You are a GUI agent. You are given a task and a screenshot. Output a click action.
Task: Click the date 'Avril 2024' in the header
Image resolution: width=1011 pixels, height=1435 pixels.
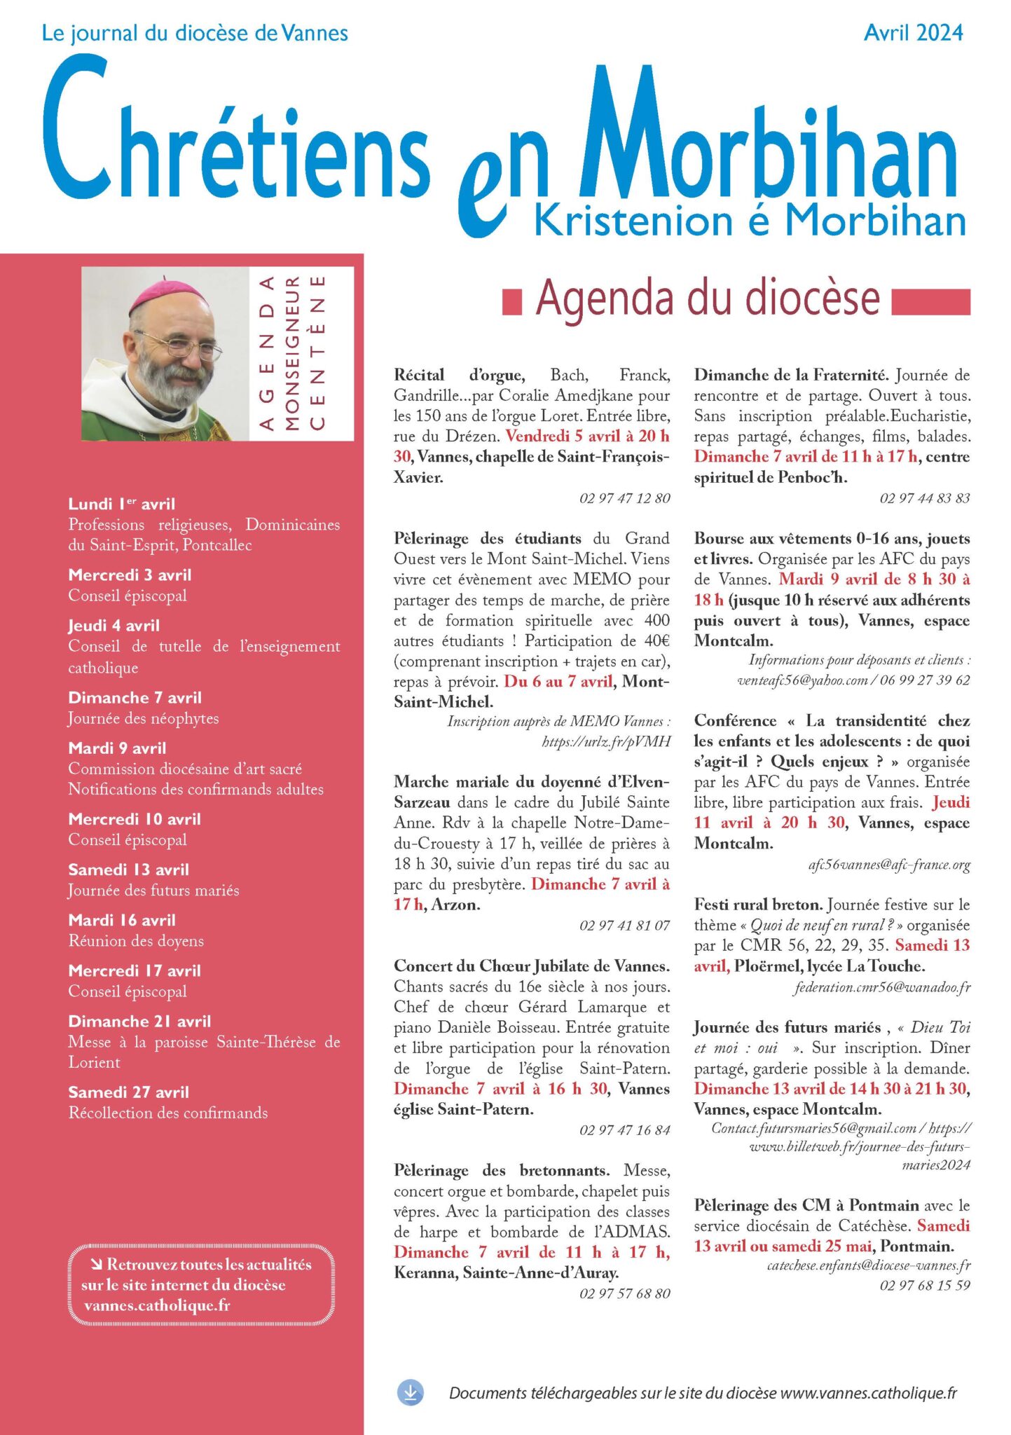click(x=913, y=33)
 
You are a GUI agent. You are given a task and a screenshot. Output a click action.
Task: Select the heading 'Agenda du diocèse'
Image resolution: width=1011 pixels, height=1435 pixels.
click(x=708, y=298)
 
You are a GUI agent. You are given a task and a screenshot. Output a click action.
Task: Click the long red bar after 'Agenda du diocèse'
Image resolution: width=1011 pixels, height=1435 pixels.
click(x=930, y=302)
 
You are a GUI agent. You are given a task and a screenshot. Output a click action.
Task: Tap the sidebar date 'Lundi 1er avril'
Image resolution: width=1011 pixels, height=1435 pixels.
click(x=122, y=504)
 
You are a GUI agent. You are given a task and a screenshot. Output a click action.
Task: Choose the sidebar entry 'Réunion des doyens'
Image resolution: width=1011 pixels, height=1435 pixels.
click(x=136, y=941)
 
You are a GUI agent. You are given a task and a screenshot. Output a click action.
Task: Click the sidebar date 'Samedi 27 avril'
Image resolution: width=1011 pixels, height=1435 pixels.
click(x=129, y=1092)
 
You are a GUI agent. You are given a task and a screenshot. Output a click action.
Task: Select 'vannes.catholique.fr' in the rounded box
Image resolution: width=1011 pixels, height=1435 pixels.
click(x=157, y=1306)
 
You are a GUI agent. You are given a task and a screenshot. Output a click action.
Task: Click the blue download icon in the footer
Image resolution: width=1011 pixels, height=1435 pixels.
click(x=411, y=1393)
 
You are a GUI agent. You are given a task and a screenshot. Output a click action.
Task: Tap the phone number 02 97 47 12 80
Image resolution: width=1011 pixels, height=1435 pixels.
click(x=624, y=498)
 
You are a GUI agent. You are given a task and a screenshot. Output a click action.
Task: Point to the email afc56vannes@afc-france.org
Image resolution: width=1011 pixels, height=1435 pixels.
click(x=889, y=865)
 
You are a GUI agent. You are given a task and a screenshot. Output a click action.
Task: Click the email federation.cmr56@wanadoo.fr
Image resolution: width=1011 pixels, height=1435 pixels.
click(x=882, y=987)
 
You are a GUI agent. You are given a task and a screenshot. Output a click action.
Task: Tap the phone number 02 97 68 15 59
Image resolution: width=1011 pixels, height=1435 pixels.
click(x=925, y=1286)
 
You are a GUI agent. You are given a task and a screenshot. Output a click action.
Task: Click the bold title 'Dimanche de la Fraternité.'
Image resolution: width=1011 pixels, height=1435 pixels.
click(x=791, y=375)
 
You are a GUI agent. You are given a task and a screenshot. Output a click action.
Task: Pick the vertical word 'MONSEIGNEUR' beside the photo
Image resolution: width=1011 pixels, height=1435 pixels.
click(x=292, y=353)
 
